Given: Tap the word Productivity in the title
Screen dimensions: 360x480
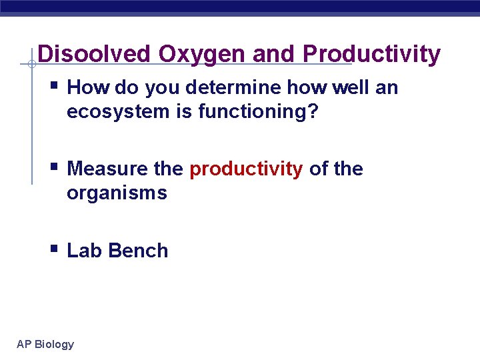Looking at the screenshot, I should [x=371, y=54].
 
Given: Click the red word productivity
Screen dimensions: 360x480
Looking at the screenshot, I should [x=246, y=169].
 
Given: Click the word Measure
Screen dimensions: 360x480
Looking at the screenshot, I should [x=108, y=169].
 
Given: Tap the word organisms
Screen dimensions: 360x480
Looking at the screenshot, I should [x=117, y=193].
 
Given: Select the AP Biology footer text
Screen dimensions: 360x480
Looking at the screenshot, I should [x=45, y=344].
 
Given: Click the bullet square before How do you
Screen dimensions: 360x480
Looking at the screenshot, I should [x=54, y=86].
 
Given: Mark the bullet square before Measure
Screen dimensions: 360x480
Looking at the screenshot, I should [x=54, y=167].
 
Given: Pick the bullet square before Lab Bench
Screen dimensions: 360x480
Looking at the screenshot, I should [x=54, y=249].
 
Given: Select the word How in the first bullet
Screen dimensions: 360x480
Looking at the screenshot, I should [x=89, y=88].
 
